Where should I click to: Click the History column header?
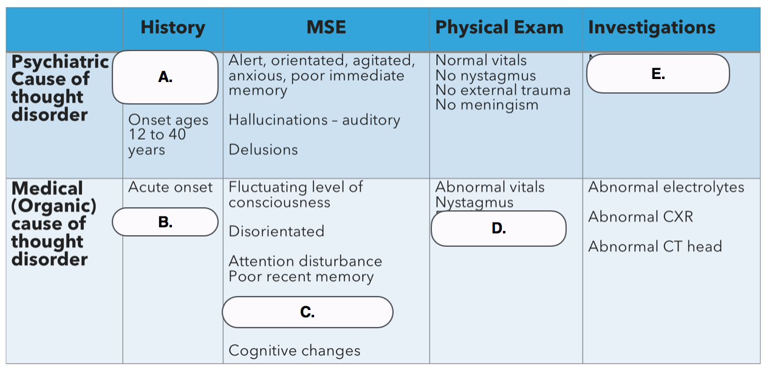click(173, 27)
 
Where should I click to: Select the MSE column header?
click(326, 27)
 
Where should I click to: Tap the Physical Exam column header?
click(499, 27)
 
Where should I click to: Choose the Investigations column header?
click(652, 27)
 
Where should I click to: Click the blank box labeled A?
click(165, 77)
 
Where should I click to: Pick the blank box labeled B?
click(165, 222)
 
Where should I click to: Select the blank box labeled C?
click(307, 312)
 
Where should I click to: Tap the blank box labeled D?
click(499, 229)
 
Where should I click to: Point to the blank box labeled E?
click(658, 74)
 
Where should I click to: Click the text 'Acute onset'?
click(170, 187)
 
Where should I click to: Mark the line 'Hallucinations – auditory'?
click(315, 120)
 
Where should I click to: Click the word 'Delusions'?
click(263, 150)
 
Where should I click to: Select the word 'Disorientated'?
click(276, 231)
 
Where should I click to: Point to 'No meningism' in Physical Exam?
click(487, 105)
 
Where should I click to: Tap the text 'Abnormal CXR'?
click(641, 217)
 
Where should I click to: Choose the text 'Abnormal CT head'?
click(655, 247)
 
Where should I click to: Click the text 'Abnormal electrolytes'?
click(666, 187)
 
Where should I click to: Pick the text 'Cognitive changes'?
click(295, 351)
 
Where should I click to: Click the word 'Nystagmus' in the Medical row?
click(474, 202)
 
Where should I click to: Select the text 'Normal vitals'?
click(481, 60)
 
